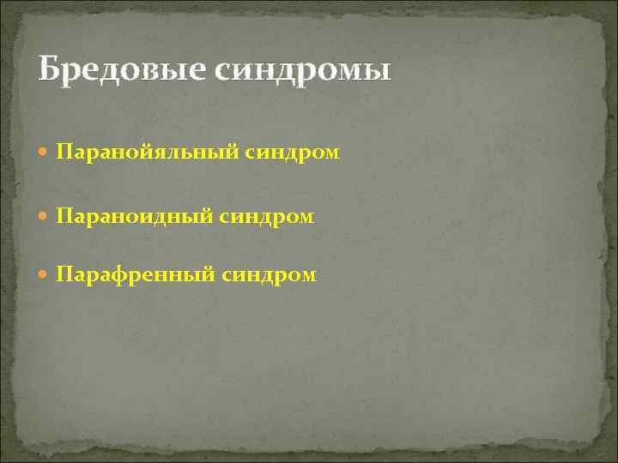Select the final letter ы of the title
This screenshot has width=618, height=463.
click(x=378, y=72)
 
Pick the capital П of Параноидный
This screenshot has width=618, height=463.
click(x=64, y=217)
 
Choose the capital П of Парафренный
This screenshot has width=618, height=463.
click(x=64, y=274)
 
